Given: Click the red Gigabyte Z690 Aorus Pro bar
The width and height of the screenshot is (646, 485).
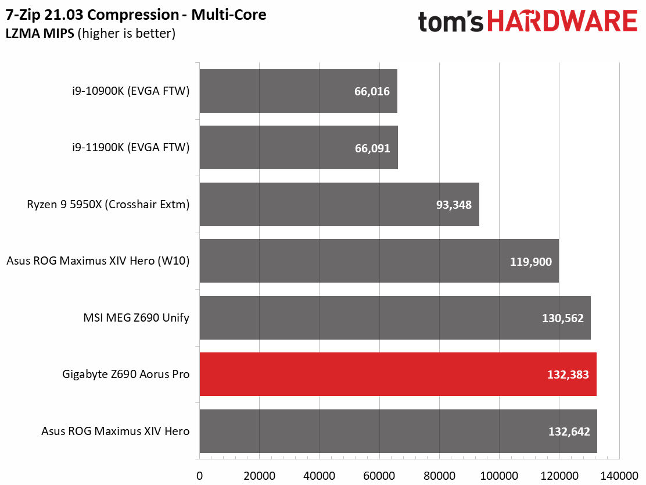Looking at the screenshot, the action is tap(398, 374).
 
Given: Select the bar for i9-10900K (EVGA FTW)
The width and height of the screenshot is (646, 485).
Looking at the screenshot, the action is tap(298, 91).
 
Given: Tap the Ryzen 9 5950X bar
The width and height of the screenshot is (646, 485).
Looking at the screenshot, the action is tap(339, 204).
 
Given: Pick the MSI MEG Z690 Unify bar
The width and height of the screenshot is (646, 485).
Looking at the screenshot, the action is tap(395, 318).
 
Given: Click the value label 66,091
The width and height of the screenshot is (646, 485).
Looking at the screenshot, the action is tap(372, 148).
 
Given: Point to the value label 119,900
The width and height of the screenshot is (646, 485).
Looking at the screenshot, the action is tap(530, 262).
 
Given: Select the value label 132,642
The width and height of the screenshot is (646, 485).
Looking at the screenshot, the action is tap(569, 431).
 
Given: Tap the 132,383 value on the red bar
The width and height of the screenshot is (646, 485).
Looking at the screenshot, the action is tap(568, 375).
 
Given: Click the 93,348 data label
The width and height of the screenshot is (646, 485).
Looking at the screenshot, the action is tap(454, 205).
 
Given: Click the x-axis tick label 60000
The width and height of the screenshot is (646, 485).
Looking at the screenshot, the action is tap(379, 476).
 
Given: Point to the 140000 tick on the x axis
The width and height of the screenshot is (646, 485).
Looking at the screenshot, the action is tap(619, 476).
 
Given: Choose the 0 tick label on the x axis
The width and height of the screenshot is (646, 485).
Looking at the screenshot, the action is tap(199, 476).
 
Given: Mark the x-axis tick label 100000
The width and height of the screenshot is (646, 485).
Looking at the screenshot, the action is tap(499, 476).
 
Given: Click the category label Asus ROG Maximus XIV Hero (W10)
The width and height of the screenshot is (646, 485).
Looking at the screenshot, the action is tap(98, 261).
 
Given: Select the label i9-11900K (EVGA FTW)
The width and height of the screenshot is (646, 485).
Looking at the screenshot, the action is tap(131, 148).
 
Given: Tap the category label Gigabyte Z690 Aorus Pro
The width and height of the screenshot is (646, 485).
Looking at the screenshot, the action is tap(125, 375).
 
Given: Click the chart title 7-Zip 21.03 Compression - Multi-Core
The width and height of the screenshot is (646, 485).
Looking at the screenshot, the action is tap(136, 15).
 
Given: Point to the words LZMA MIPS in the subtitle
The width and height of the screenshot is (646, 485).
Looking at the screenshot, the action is tap(40, 33).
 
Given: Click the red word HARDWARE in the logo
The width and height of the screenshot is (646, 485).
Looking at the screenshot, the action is tap(562, 21).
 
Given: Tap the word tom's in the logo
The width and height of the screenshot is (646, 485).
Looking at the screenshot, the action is tap(451, 22).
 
